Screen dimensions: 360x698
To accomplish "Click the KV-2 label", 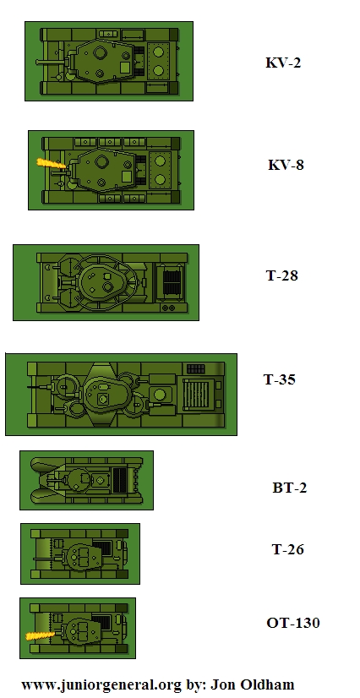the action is pos(283,63).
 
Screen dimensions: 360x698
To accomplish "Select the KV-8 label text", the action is pos(286,165).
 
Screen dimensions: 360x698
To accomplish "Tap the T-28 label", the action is pos(282,275).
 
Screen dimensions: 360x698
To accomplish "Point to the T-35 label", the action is pos(280,379).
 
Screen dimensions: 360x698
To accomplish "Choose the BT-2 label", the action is pos(290,488).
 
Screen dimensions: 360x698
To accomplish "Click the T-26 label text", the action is pos(288,549).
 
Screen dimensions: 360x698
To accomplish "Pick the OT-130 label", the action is pos(292,623).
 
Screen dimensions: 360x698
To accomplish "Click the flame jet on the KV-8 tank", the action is pos(52,163).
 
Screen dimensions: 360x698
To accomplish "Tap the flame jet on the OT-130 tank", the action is pos(40,635).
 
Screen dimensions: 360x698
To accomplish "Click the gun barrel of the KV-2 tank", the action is pos(51,63).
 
